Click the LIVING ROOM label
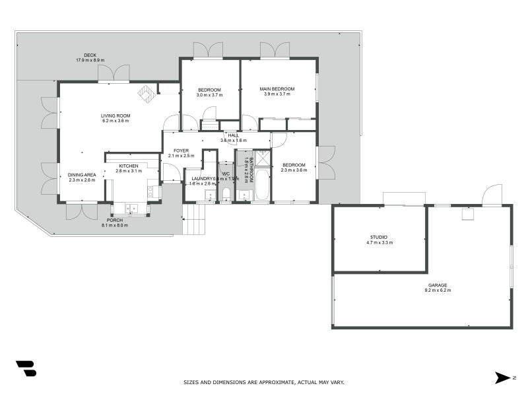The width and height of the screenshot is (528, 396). (x=115, y=115)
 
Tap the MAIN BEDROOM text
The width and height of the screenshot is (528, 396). (x=277, y=88)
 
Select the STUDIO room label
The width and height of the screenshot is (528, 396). (x=378, y=237)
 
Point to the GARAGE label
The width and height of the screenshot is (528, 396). (x=438, y=286)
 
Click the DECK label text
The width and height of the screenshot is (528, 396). (x=90, y=55)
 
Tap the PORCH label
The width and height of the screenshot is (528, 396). (x=115, y=220)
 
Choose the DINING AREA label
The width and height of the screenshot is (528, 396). (x=81, y=175)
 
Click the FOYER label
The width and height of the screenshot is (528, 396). (x=181, y=150)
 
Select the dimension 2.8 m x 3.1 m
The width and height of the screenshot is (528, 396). (x=129, y=171)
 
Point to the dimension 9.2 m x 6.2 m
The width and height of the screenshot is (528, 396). (x=438, y=291)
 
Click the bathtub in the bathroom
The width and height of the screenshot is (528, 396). (x=262, y=185)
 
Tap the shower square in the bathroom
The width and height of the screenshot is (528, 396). (x=263, y=157)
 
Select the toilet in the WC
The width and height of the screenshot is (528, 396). (x=226, y=193)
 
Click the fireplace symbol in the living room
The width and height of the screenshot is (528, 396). (x=147, y=95)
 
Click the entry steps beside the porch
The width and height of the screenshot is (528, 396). (x=194, y=219)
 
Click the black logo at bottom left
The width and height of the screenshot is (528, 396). (x=26, y=368)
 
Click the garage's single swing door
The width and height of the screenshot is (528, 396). (x=492, y=195)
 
